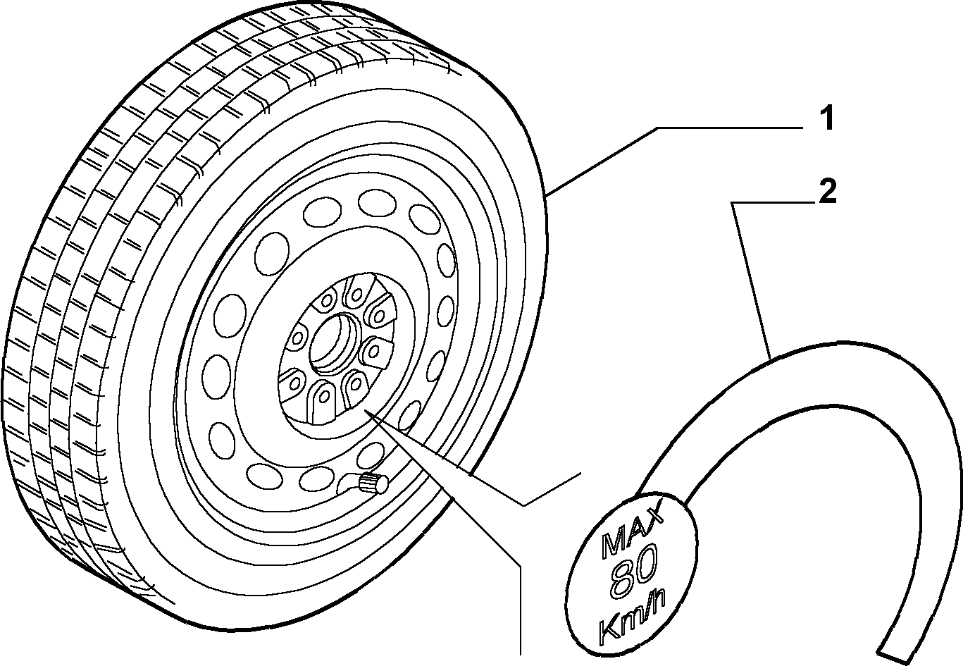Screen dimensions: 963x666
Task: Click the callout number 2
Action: [x=828, y=192]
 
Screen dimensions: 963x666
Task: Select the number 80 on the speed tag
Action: [x=633, y=571]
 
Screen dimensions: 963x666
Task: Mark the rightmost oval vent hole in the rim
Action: [x=446, y=259]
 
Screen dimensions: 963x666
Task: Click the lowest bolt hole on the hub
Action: [x=325, y=396]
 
